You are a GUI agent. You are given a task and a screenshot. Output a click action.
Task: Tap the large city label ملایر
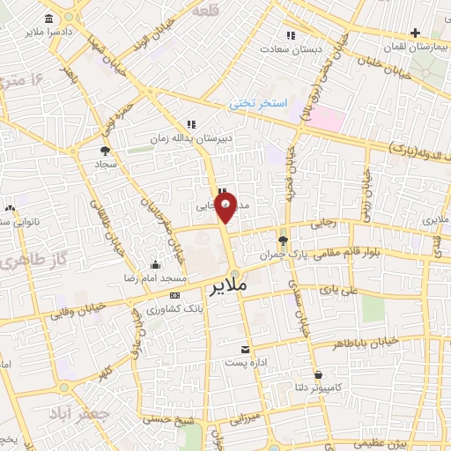click(x=227, y=287)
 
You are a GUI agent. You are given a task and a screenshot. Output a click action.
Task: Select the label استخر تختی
click(x=259, y=104)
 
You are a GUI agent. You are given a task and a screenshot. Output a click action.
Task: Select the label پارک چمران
click(x=279, y=254)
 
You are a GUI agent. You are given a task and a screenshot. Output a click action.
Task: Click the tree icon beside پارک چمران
click(x=282, y=240)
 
